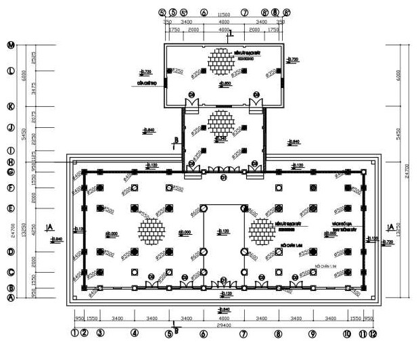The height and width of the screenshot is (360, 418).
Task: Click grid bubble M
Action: tap(10, 45)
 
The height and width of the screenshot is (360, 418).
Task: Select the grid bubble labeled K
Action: tap(10, 106)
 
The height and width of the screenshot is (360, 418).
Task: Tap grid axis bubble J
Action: tap(10, 127)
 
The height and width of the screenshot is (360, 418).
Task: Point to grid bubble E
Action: tap(10, 208)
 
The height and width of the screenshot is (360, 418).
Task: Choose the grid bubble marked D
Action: tap(10, 252)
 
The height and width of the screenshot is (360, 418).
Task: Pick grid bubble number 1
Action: tap(74, 333)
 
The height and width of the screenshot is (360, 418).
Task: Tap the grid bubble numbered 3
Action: tap(99, 333)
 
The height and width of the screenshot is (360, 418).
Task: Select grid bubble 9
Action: tap(312, 333)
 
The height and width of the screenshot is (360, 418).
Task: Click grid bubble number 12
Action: tap(373, 333)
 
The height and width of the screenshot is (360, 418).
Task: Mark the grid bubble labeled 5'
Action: tap(184, 12)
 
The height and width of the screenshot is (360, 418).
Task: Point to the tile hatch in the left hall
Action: tap(153, 231)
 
